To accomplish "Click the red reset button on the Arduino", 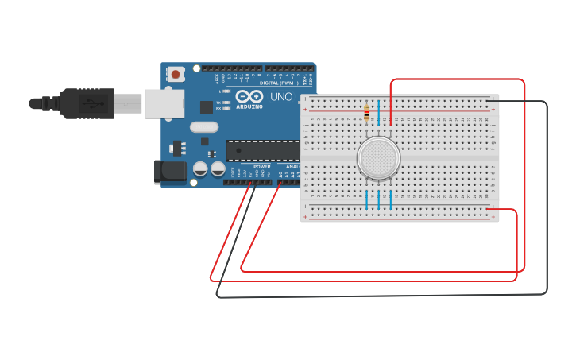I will [x=175, y=74].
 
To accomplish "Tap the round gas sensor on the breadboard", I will [x=378, y=157].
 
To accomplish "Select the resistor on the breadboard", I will [x=365, y=114].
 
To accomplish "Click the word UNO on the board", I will [x=281, y=96].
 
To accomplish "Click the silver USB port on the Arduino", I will [x=164, y=103].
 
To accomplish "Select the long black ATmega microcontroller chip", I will [x=261, y=149].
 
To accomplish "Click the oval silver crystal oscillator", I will [x=203, y=126].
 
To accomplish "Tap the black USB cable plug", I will [x=87, y=103].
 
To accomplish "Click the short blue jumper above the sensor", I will [x=379, y=111].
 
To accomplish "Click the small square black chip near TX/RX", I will [x=207, y=106].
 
